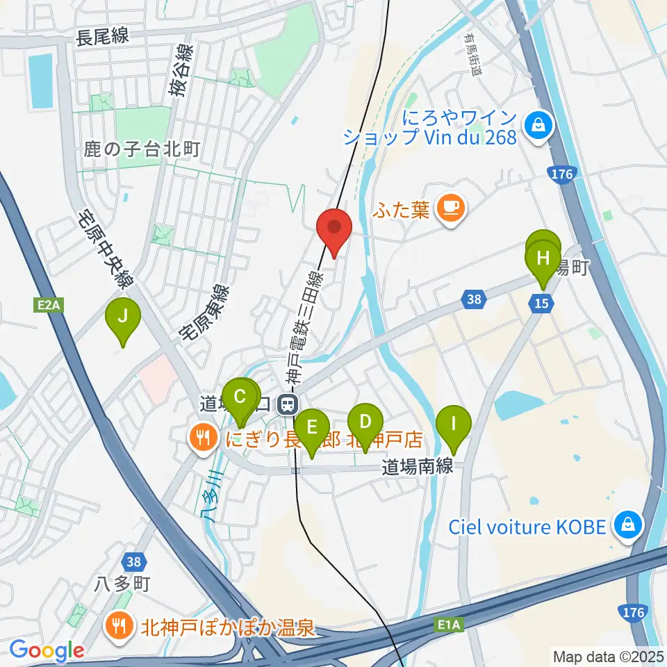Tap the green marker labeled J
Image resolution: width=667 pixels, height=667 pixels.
(123, 318)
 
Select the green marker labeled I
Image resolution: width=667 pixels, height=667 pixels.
(454, 423)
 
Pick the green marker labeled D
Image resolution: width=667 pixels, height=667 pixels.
(365, 422)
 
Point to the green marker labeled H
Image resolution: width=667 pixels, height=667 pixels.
(543, 259)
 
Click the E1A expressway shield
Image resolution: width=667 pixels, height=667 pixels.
(449, 625)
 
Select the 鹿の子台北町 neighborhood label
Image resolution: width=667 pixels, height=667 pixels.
(142, 148)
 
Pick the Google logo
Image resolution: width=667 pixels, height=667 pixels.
(47, 651)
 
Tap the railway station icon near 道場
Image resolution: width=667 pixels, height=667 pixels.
(286, 404)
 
